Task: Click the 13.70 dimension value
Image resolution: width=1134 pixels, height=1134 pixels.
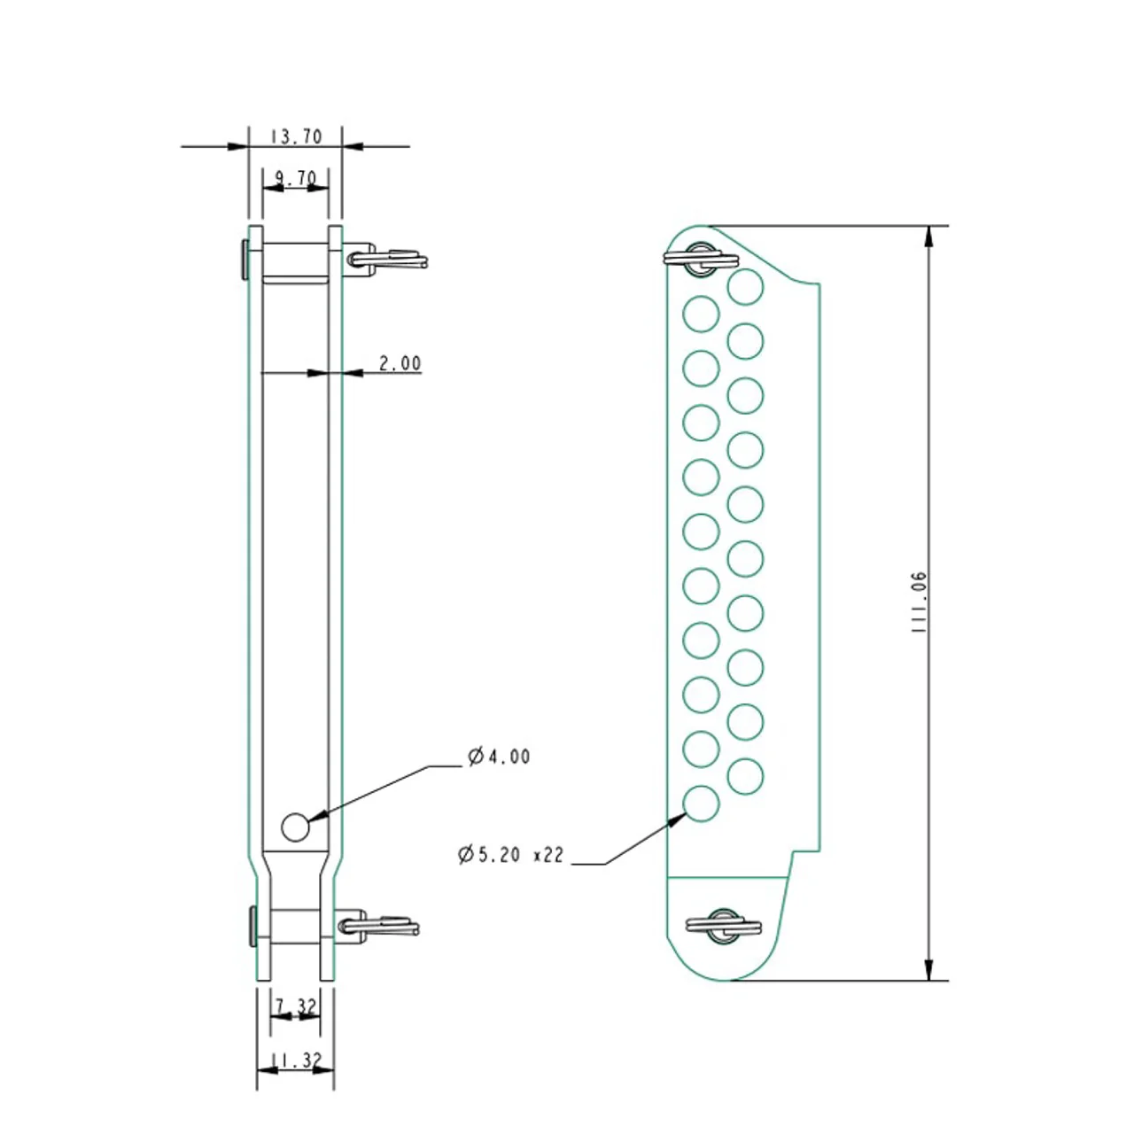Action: [x=296, y=136]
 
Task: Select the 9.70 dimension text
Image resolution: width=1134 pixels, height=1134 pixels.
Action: [x=296, y=177]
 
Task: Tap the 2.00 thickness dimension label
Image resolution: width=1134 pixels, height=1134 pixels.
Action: [x=400, y=363]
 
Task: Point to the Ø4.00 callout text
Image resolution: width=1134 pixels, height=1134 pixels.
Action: [x=499, y=757]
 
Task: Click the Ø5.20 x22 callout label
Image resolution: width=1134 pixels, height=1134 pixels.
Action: [x=511, y=854]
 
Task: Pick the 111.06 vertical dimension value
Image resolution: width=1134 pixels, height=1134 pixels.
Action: [x=919, y=602]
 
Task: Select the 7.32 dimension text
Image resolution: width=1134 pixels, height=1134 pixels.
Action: [x=296, y=1006]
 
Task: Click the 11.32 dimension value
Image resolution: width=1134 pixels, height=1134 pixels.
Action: [x=296, y=1060]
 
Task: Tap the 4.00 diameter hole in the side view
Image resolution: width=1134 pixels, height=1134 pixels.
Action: [x=295, y=827]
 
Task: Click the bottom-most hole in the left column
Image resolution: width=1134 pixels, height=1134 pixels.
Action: [x=701, y=804]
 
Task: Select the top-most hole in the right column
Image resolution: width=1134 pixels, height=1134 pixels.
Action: [x=746, y=286]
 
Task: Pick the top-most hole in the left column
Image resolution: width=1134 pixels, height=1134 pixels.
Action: [x=701, y=315]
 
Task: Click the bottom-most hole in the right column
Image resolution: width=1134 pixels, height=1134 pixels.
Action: [x=746, y=776]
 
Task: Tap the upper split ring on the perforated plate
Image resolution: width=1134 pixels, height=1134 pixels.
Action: [x=702, y=258]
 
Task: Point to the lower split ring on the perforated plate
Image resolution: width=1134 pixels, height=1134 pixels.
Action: [x=724, y=926]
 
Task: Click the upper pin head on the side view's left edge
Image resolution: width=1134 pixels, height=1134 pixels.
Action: [x=245, y=259]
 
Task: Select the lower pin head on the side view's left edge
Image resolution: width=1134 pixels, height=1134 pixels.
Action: [x=253, y=926]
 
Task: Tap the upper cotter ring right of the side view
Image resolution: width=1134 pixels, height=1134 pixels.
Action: [x=388, y=259]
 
